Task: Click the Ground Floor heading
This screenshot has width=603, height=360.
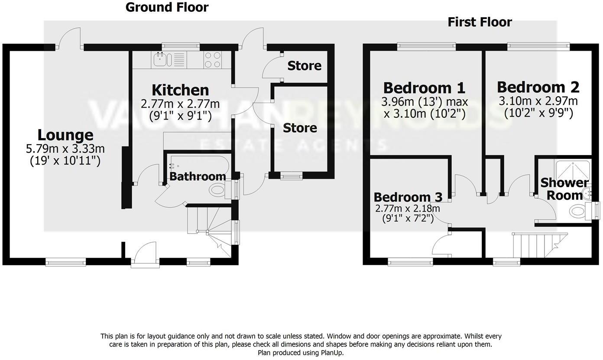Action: coord(167,7)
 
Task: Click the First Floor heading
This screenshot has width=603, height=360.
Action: coord(480,22)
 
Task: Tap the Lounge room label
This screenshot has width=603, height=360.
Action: coord(65,135)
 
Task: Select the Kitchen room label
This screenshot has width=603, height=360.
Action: coord(180,90)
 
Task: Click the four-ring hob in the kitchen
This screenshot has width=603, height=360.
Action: coord(212,60)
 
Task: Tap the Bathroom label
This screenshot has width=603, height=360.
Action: coord(198,176)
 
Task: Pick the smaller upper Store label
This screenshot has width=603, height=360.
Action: coord(305,66)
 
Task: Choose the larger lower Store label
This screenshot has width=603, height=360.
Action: coord(300,128)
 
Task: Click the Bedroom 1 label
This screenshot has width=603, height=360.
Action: coord(424,88)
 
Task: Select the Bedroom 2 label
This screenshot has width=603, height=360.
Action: coord(538,87)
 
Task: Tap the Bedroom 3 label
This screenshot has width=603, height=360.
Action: coord(408,197)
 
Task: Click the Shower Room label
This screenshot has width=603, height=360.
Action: coord(564,189)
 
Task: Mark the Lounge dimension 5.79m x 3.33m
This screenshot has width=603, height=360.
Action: coord(65,149)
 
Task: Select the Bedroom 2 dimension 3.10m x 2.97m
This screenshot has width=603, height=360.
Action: coord(538,101)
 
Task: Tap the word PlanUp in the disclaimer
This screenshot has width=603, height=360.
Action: coord(332,353)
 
